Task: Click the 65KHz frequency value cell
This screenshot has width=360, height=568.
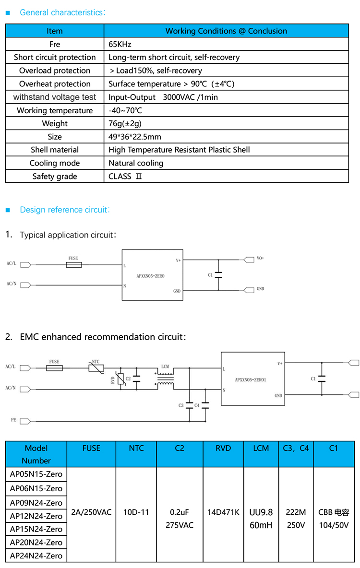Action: pyautogui.click(x=120, y=44)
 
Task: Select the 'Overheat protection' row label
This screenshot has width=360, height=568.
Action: pyautogui.click(x=55, y=84)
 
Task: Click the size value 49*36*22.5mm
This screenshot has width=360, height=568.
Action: pyautogui.click(x=135, y=137)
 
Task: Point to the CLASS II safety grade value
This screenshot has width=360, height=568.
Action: pyautogui.click(x=125, y=176)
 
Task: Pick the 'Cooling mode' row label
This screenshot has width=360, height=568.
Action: pyautogui.click(x=55, y=163)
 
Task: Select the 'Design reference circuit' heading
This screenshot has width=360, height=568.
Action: pyautogui.click(x=65, y=210)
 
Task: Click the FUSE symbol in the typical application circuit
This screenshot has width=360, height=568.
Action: pyautogui.click(x=73, y=264)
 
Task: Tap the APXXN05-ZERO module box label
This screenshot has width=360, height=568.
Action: pyautogui.click(x=150, y=276)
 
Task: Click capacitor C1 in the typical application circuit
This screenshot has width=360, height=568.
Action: pyautogui.click(x=218, y=275)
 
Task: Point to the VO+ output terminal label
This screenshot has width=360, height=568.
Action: pyautogui.click(x=260, y=258)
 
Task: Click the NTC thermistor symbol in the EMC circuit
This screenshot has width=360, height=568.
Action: pyautogui.click(x=96, y=368)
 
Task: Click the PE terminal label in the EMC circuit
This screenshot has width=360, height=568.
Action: pyautogui.click(x=13, y=420)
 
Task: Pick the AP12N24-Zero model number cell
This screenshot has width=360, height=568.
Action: pyautogui.click(x=36, y=516)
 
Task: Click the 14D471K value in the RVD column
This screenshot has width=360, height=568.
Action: pyautogui.click(x=223, y=512)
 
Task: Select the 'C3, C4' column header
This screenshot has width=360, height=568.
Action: pyautogui.click(x=296, y=448)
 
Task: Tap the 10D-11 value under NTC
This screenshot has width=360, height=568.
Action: pyautogui.click(x=136, y=512)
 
